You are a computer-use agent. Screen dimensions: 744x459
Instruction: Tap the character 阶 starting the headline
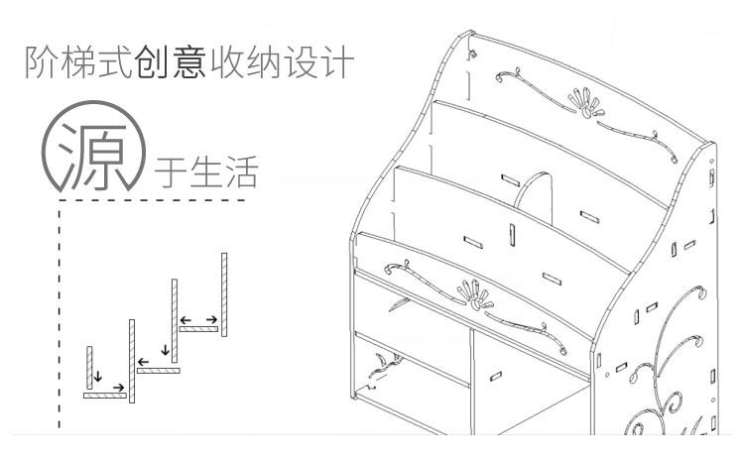(x=44, y=61)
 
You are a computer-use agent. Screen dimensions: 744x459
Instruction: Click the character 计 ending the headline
(x=336, y=61)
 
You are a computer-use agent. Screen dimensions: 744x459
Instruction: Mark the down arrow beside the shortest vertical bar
(x=98, y=377)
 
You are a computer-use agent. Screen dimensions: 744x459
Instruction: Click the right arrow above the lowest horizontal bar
(x=118, y=387)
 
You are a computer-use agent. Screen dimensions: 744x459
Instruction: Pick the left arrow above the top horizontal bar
(x=186, y=319)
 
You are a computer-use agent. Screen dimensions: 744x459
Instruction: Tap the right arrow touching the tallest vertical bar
(x=211, y=319)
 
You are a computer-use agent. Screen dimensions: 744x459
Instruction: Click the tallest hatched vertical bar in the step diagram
(x=225, y=294)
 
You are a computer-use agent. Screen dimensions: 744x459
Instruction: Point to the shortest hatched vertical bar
(x=89, y=368)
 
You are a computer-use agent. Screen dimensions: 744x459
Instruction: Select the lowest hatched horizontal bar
(x=105, y=396)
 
